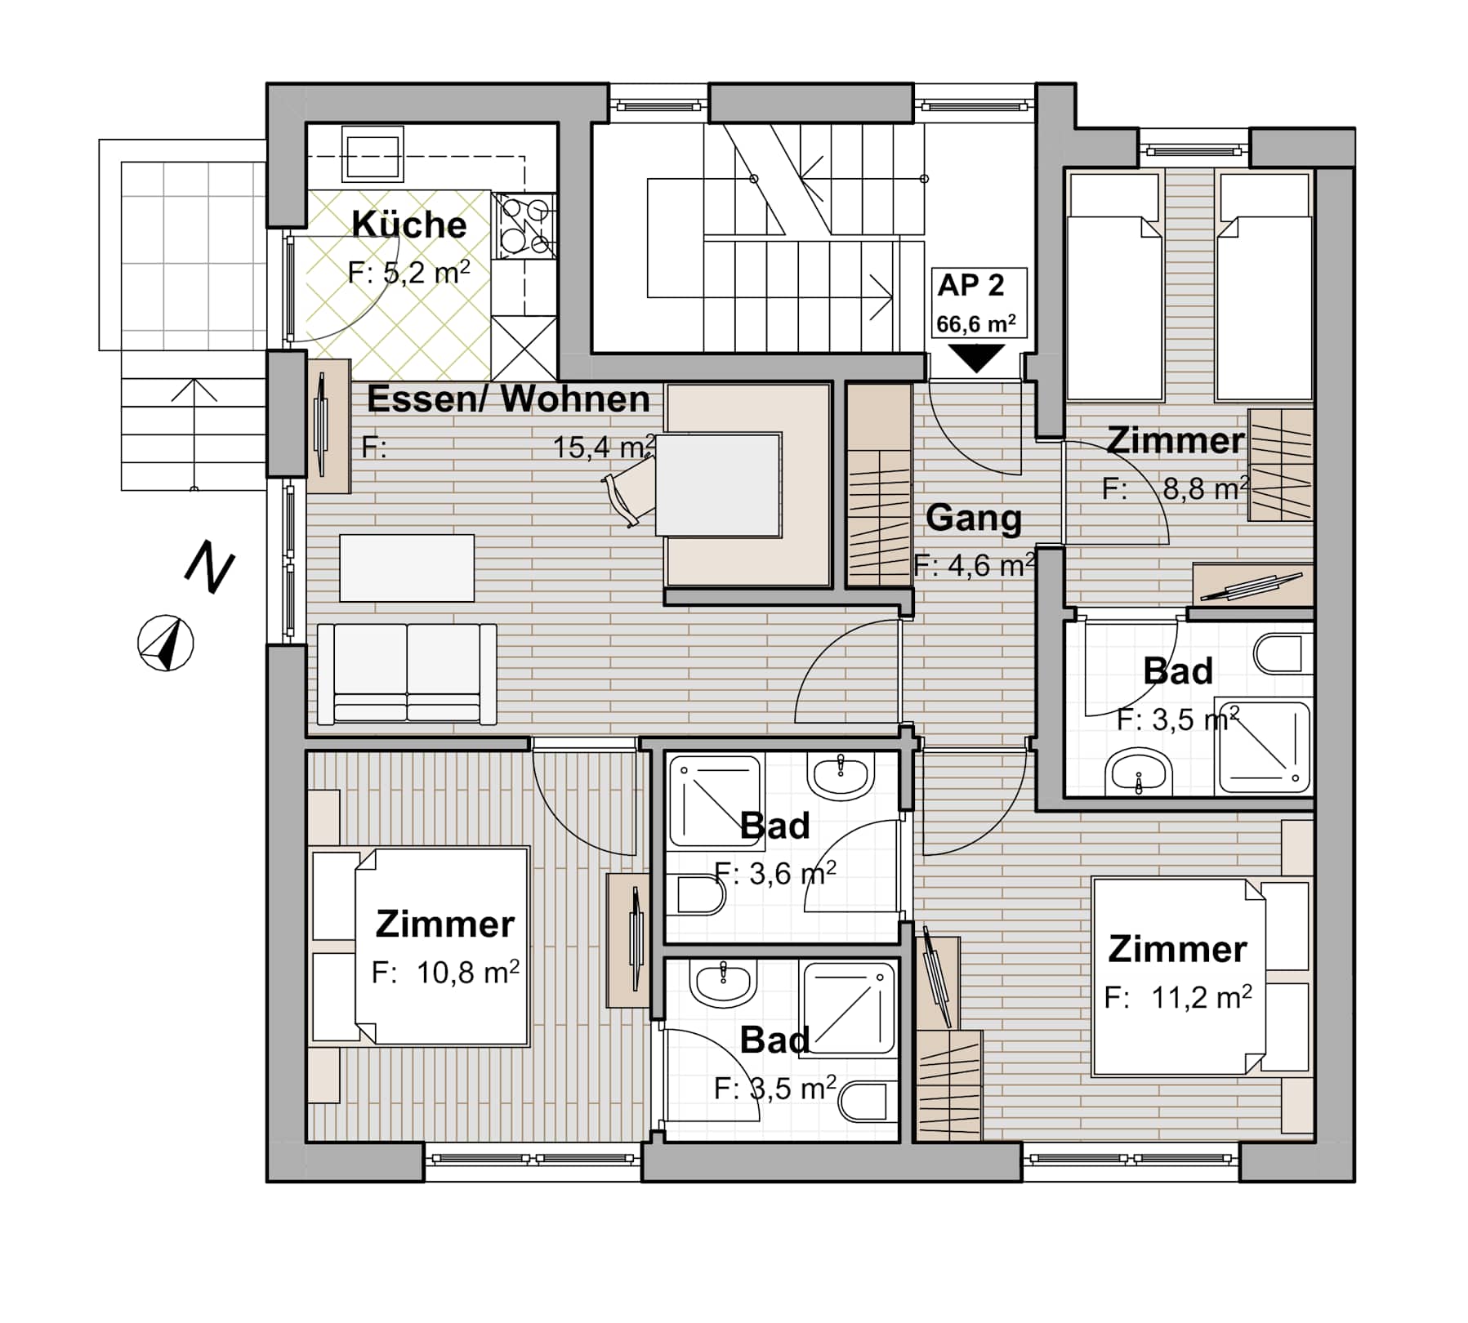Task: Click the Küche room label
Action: pos(409,225)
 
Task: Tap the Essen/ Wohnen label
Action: pos(508,399)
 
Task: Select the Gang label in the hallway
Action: pos(974,519)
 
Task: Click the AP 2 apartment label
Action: pos(970,285)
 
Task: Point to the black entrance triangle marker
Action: pos(977,358)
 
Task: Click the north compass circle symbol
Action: pos(166,643)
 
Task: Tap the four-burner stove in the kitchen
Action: pos(524,225)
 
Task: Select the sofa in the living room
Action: pos(407,674)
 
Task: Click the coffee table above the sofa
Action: pos(407,568)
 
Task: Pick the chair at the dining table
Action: pos(630,491)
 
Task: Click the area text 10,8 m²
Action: pos(468,972)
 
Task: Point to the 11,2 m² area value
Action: pos(1202,996)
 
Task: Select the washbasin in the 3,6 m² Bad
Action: pos(841,774)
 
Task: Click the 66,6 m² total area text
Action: pos(976,323)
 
